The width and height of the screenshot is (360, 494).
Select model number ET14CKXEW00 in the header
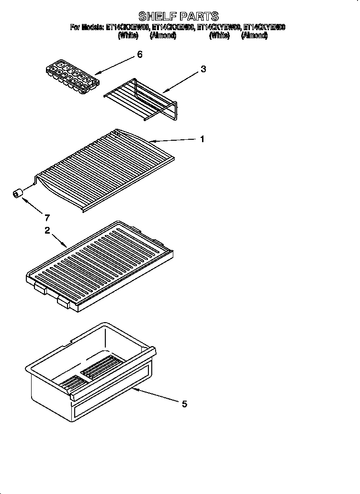coord(127,27)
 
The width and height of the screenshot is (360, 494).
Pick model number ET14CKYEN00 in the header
coord(264,27)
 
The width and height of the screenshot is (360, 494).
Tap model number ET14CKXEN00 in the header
coord(173,27)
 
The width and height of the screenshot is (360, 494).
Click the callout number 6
coord(139,55)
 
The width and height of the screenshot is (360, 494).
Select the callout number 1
coord(202,139)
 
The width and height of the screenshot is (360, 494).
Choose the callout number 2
coord(47,230)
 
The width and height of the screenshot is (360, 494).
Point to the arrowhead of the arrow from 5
coord(134,389)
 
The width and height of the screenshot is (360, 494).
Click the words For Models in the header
coord(87,27)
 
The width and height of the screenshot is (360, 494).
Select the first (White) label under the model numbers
coord(128,35)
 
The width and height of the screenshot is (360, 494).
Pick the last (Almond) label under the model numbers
coord(254,35)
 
